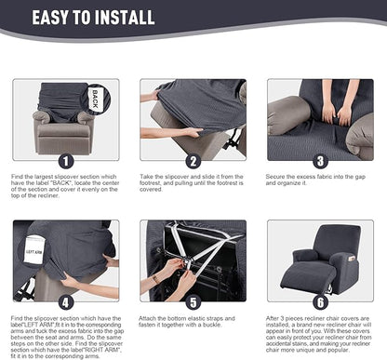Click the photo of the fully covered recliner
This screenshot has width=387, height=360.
pos(320,260)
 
